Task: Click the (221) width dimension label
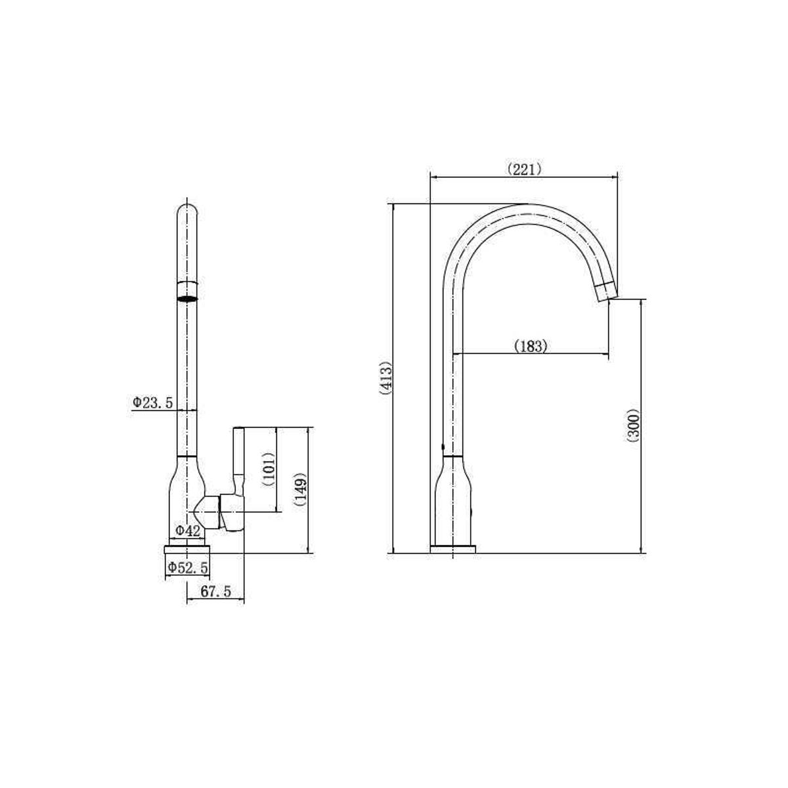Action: (x=524, y=169)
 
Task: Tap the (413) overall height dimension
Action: (x=385, y=378)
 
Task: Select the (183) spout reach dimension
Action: (x=530, y=346)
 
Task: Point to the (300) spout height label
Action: (x=632, y=426)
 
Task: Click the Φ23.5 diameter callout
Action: (x=152, y=403)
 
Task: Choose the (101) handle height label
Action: (x=268, y=469)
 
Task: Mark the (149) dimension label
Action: (x=301, y=490)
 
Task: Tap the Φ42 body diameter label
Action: (x=188, y=531)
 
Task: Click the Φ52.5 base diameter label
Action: (x=188, y=567)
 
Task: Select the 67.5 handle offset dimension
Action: (x=215, y=591)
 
